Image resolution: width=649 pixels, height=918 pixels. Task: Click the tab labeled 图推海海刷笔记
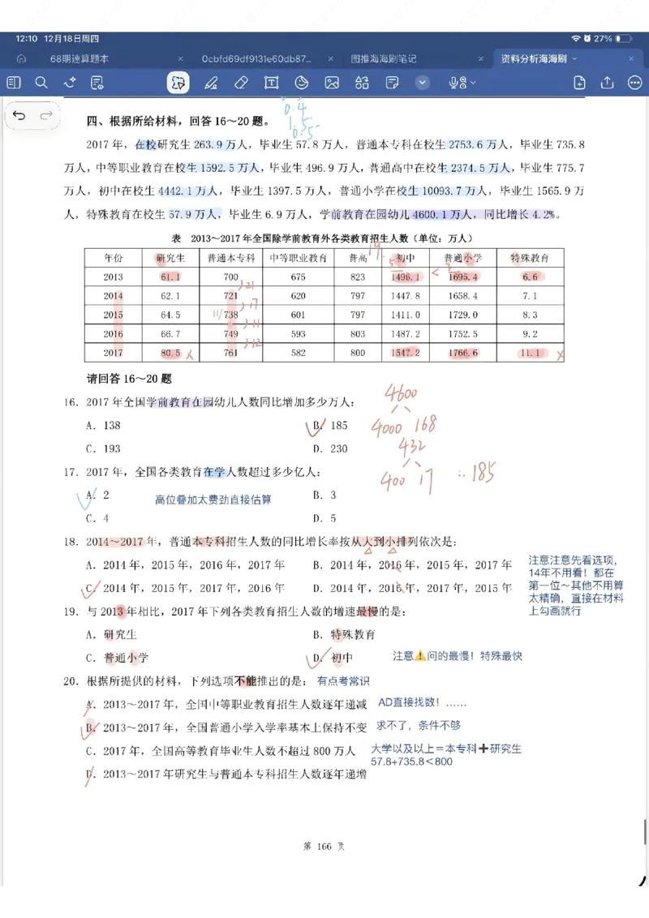(383, 59)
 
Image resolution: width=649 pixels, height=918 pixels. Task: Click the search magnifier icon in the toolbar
(41, 83)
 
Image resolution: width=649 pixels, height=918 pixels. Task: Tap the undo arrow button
(19, 116)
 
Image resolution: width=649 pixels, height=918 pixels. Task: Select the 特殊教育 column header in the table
(529, 258)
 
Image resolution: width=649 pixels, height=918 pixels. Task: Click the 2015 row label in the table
(113, 315)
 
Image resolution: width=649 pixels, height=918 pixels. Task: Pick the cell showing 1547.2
(406, 353)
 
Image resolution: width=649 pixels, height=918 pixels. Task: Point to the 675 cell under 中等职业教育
(298, 277)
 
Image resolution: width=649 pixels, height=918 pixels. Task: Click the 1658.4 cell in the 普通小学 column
(462, 296)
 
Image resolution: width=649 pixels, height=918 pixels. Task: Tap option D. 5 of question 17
(324, 518)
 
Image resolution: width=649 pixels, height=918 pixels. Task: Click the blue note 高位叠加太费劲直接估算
(213, 500)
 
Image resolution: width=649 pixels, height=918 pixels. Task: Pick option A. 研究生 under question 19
(113, 635)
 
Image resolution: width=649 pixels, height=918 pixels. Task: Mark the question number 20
(71, 681)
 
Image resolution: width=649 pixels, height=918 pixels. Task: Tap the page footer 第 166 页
(324, 847)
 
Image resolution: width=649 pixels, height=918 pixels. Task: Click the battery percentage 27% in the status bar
(602, 38)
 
